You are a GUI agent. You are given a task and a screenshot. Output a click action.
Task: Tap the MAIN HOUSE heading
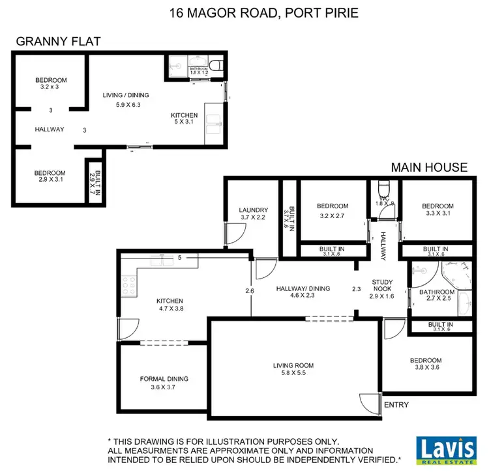[428, 167]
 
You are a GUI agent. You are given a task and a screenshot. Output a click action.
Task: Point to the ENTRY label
[396, 405]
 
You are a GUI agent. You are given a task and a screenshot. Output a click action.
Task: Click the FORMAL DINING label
[164, 379]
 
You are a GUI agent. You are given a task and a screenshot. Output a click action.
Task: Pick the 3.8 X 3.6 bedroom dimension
[426, 368]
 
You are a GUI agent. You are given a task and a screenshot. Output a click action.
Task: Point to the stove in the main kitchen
[127, 283]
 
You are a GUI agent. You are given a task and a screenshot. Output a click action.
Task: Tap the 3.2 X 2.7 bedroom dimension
[333, 216]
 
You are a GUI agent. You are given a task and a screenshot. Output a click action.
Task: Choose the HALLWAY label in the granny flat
[50, 129]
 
